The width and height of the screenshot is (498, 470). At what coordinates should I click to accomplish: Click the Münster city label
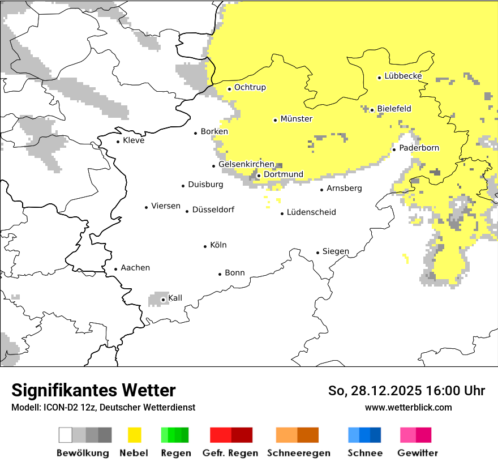pos(296,119)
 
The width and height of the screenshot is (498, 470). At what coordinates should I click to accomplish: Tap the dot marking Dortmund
pos(259,176)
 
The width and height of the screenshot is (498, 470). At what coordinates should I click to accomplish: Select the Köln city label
pos(218,245)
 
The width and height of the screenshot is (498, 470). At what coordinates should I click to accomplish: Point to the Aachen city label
pos(135,268)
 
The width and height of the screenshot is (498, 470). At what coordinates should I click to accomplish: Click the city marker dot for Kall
pos(163,300)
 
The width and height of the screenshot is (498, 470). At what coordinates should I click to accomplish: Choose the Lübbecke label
pos(403,76)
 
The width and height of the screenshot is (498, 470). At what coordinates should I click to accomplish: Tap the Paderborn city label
pos(419,148)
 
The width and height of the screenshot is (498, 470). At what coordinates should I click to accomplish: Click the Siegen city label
pos(336,251)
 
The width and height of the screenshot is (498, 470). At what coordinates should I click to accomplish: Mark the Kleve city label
pos(134,140)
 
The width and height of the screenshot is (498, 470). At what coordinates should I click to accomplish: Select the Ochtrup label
pos(250,88)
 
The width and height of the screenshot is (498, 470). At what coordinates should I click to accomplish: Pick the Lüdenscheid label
pos(311,212)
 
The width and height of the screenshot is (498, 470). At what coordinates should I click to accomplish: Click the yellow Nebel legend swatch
pos(134,435)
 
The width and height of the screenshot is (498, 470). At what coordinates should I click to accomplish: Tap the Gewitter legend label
pos(418,453)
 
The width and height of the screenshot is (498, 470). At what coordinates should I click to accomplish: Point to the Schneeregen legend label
pos(299,453)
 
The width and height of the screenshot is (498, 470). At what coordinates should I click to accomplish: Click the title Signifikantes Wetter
pos(93,390)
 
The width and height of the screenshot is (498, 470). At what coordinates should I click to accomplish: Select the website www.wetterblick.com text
pos(408,408)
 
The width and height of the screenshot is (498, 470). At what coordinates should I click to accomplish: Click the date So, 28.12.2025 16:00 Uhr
pos(406,391)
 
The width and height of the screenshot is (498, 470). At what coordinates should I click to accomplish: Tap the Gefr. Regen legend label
pos(230,453)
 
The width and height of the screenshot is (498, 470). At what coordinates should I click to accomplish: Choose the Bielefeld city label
pos(394,109)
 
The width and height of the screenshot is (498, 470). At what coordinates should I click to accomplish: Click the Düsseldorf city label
pos(213,210)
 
